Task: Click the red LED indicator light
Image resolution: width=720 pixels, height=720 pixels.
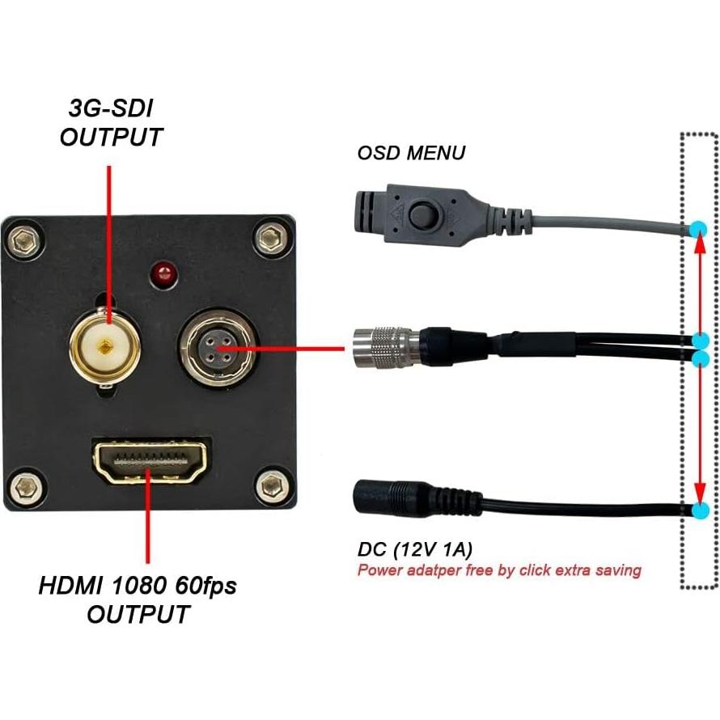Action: click(164, 273)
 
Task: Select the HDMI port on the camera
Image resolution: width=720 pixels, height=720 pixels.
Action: click(150, 463)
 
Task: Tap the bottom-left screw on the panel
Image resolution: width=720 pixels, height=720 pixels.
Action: click(28, 487)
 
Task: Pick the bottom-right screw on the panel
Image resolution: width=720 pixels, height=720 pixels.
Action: click(269, 487)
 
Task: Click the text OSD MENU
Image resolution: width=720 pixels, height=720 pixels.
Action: click(411, 153)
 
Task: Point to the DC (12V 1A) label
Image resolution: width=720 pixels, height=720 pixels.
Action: click(415, 550)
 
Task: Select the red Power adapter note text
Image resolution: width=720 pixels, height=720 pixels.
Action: click(499, 570)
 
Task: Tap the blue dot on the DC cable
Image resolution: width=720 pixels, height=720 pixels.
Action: click(700, 510)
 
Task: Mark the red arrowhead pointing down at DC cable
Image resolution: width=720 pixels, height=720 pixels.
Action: click(699, 495)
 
